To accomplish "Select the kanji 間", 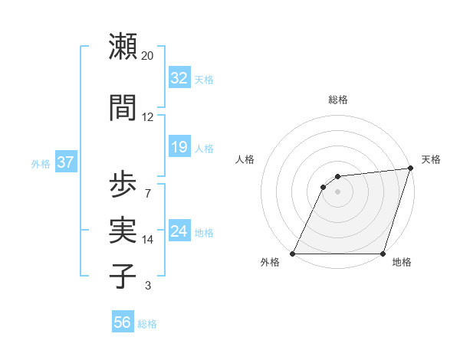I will pyautogui.click(x=123, y=107).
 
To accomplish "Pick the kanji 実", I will pyautogui.click(x=123, y=230).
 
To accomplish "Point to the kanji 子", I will pyautogui.click(x=123, y=276).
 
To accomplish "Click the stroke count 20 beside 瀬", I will pyautogui.click(x=148, y=56).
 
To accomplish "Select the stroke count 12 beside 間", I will pyautogui.click(x=148, y=117).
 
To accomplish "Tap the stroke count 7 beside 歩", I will pyautogui.click(x=148, y=192).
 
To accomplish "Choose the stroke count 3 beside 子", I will pyautogui.click(x=148, y=286).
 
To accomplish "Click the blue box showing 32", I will pyautogui.click(x=179, y=78).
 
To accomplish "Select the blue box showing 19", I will pyautogui.click(x=179, y=147).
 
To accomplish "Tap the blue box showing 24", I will pyautogui.click(x=179, y=231).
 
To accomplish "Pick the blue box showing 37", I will pyautogui.click(x=65, y=162).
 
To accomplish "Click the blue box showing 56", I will pyautogui.click(x=122, y=322).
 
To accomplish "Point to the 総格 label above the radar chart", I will pyautogui.click(x=337, y=100).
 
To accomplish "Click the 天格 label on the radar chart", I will pyautogui.click(x=431, y=159).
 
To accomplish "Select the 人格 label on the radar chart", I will pyautogui.click(x=245, y=159).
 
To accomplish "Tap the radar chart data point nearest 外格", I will pyautogui.click(x=293, y=254).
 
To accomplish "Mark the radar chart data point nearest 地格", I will pyautogui.click(x=383, y=254).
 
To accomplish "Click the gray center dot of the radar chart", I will pyautogui.click(x=337, y=191).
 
